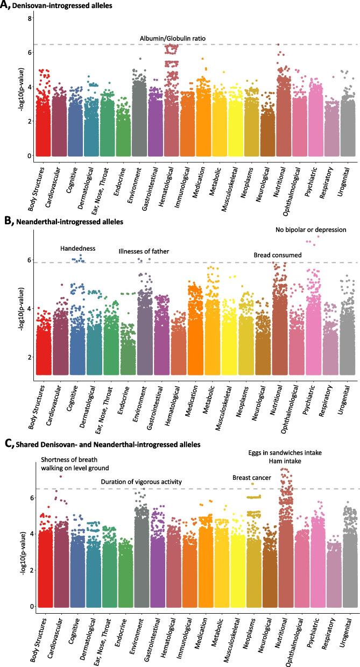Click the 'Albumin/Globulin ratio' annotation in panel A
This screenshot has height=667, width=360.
coord(173,38)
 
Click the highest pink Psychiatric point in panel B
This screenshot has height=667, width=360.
coord(318,236)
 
